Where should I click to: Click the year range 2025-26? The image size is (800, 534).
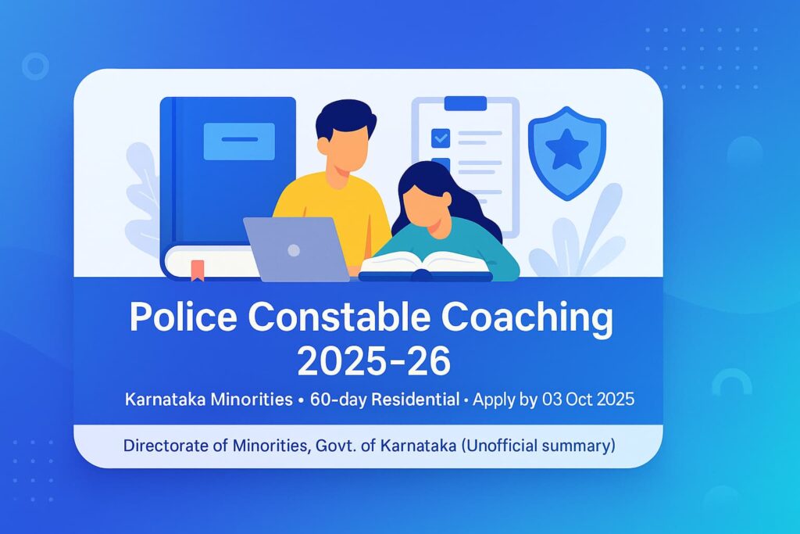[374, 361]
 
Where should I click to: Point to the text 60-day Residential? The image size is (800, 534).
[384, 399]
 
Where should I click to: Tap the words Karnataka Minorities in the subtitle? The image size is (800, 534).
[207, 399]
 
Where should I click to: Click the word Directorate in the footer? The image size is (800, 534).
[166, 446]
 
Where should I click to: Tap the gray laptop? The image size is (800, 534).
[296, 249]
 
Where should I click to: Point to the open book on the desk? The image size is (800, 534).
[424, 264]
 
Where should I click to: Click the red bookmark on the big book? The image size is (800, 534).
[198, 270]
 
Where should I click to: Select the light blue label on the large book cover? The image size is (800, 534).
[238, 141]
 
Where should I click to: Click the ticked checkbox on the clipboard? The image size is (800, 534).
[441, 138]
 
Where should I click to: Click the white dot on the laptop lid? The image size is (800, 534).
[294, 250]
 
